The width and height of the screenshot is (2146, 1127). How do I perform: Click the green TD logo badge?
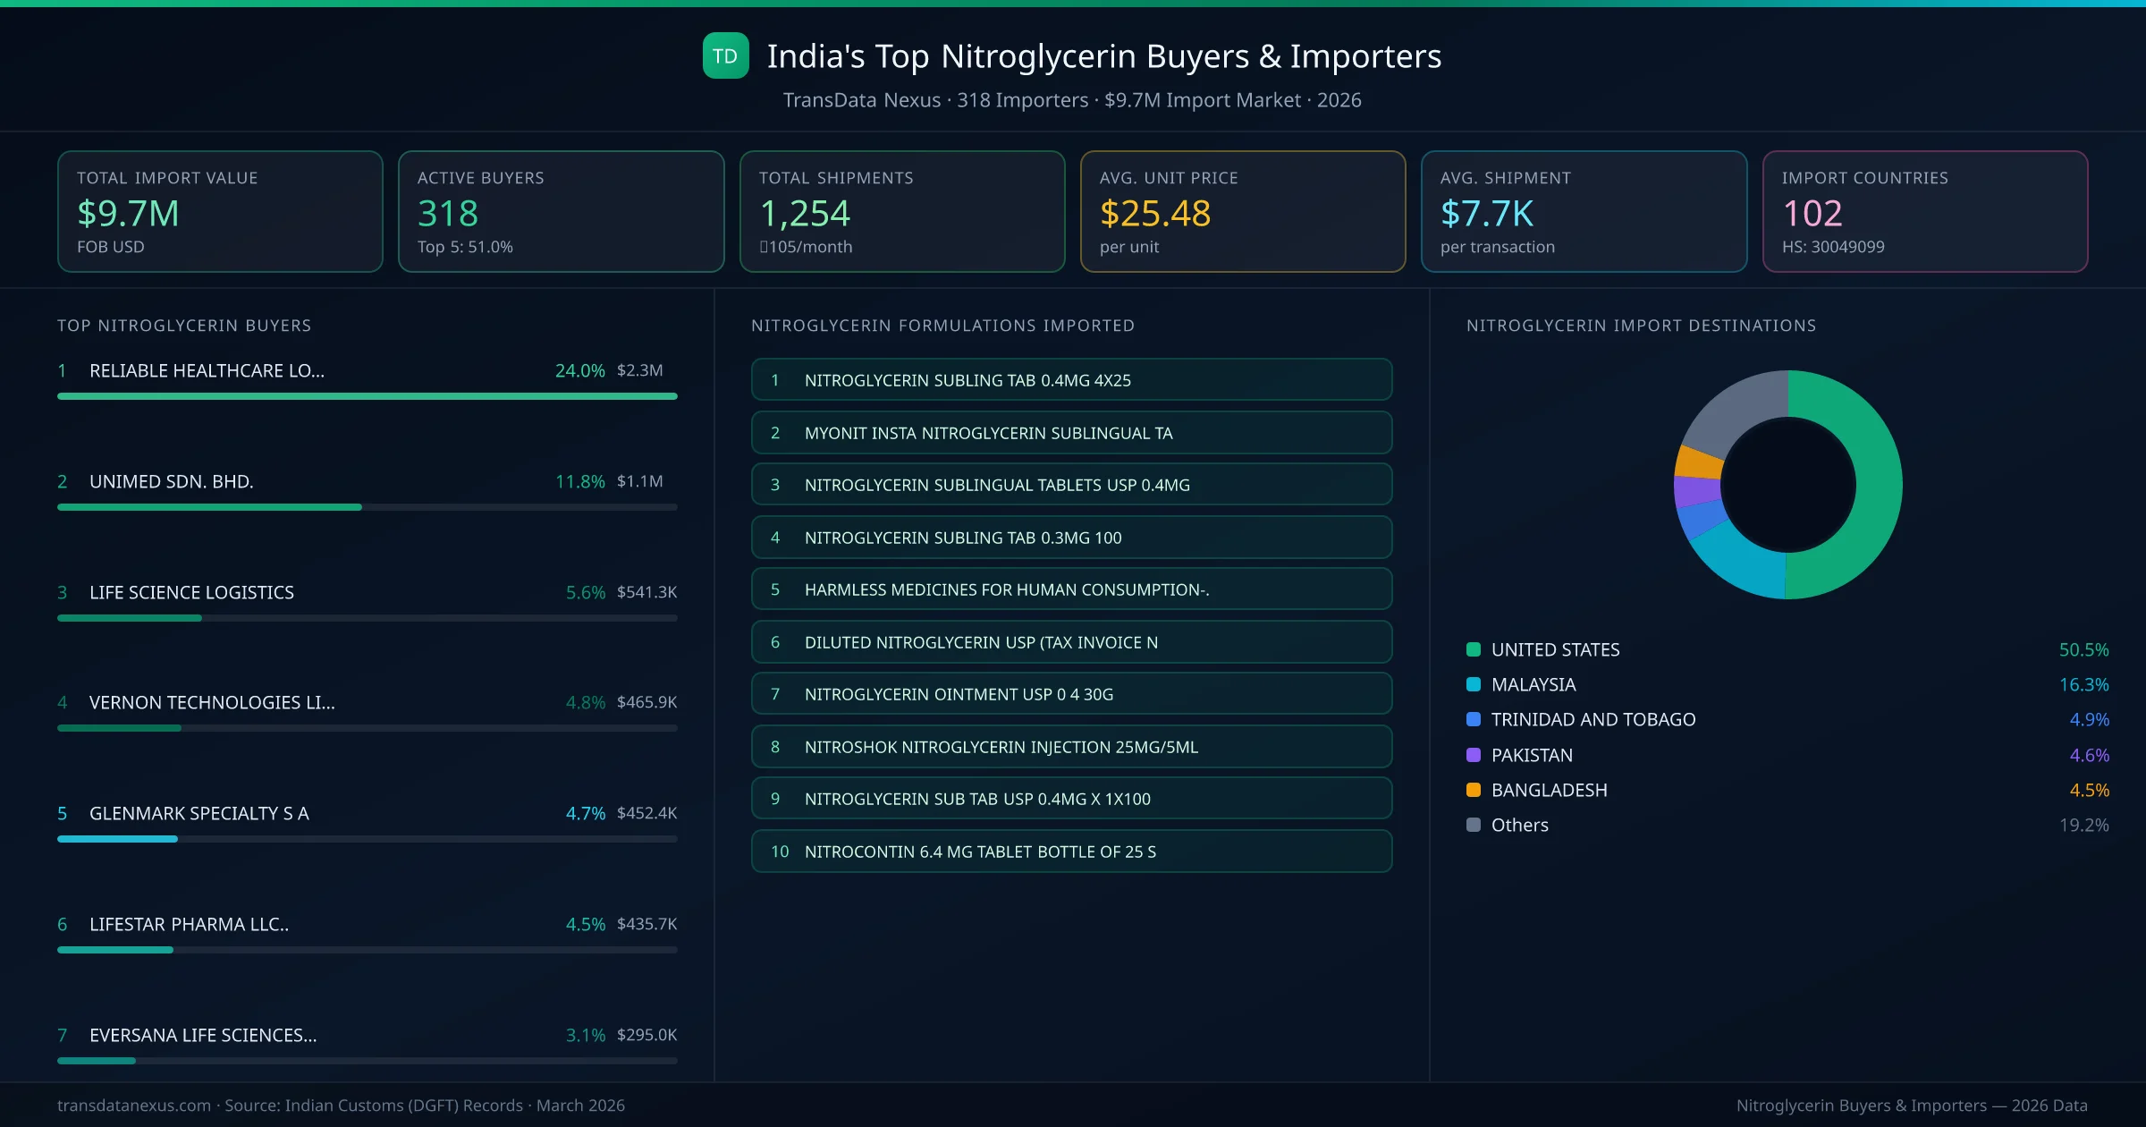(725, 56)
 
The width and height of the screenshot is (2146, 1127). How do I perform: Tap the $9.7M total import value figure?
(128, 214)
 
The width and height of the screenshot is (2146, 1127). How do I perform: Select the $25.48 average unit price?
(1154, 214)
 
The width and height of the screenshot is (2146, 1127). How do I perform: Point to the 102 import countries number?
(1812, 214)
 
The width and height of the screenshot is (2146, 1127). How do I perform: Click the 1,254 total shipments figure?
(804, 214)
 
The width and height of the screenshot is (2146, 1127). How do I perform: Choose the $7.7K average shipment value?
(1486, 214)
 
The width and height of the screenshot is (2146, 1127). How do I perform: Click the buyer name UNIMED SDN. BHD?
(171, 482)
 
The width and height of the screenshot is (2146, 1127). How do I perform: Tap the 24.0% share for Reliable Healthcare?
(579, 371)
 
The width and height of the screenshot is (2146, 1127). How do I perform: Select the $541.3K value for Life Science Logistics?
(646, 592)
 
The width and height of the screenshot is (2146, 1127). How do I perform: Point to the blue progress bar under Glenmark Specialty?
(117, 839)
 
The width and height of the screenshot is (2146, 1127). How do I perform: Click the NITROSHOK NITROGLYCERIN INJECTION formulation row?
(1071, 747)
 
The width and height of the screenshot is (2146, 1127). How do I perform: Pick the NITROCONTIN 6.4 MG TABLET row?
(1071, 852)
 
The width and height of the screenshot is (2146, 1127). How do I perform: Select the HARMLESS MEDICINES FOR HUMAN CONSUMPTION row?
(1071, 589)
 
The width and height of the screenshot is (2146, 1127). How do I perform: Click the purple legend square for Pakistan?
(1474, 755)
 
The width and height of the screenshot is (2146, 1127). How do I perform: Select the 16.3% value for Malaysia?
(2083, 685)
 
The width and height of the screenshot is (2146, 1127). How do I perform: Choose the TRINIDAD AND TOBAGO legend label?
(1593, 720)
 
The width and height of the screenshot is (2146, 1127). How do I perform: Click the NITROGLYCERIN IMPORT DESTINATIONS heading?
(1641, 326)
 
